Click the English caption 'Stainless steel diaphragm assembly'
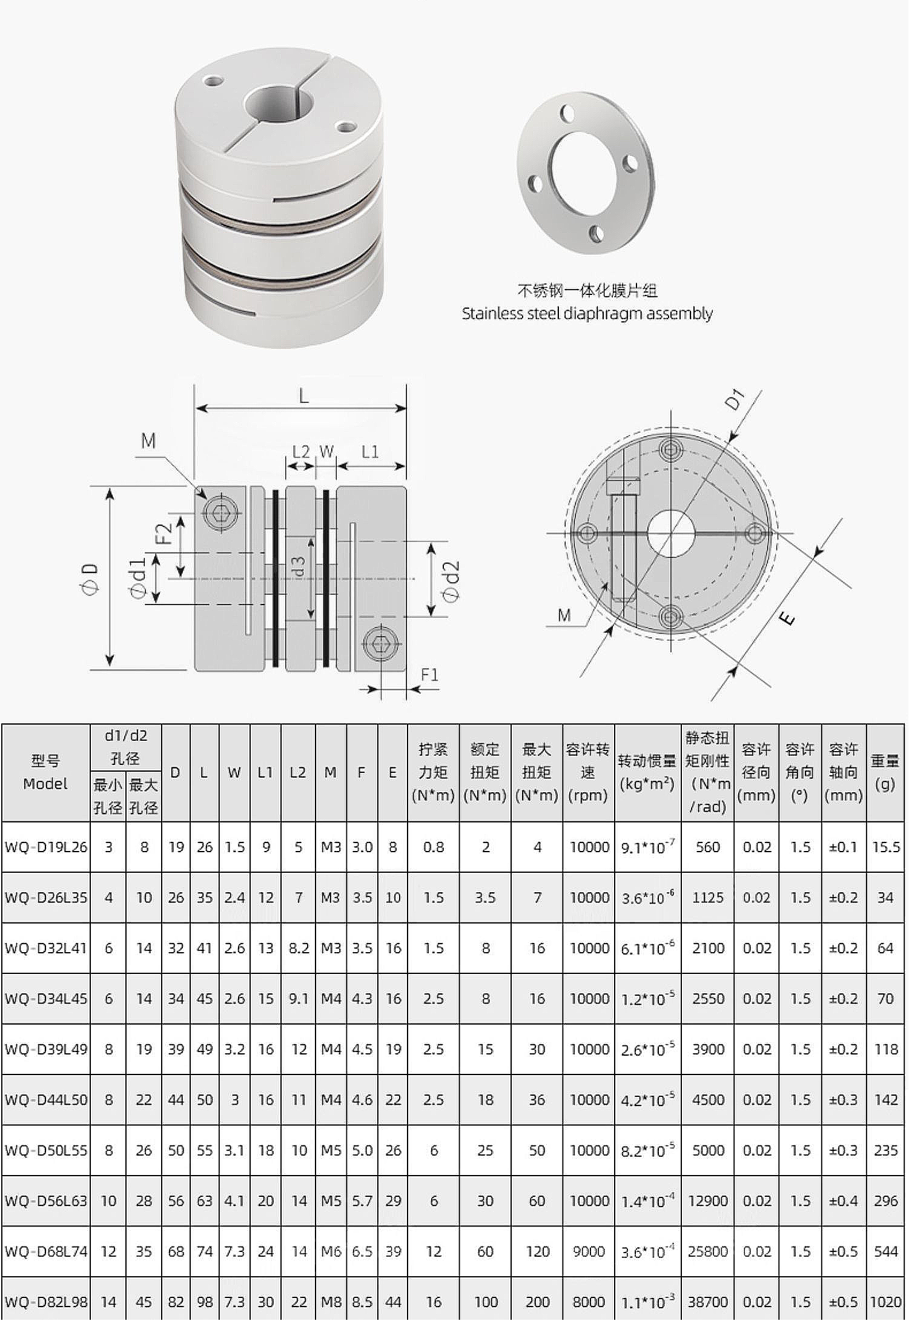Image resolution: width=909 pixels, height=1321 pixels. [x=587, y=313]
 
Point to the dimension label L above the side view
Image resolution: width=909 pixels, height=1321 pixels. [x=303, y=397]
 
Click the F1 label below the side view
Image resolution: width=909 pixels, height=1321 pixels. [x=429, y=674]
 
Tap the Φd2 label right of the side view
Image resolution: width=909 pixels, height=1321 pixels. [x=451, y=581]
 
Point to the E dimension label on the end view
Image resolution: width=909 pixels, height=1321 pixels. [x=785, y=618]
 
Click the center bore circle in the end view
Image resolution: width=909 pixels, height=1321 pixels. [x=670, y=533]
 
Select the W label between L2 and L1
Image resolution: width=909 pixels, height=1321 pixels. [x=326, y=451]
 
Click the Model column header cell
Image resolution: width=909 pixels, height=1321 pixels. [x=45, y=772]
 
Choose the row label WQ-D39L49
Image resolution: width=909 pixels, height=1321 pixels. [x=46, y=1049]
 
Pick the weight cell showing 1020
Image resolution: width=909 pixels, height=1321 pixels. [x=885, y=1302]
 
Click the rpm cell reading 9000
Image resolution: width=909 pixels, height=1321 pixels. [x=589, y=1251]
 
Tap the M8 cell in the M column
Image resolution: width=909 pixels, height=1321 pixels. [x=331, y=1302]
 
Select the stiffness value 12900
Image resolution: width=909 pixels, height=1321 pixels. [x=707, y=1200]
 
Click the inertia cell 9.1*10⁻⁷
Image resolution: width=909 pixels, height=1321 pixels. [x=647, y=847]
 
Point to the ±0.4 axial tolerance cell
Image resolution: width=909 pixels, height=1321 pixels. [x=843, y=1200]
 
